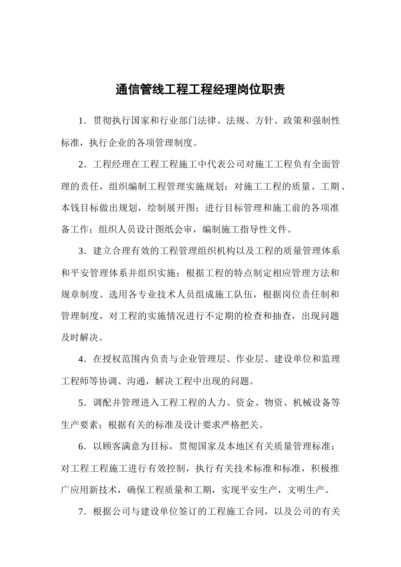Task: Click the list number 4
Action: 81,359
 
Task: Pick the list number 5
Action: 81,403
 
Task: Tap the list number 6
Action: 81,446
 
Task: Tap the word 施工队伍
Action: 234,294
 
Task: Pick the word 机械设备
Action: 311,403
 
